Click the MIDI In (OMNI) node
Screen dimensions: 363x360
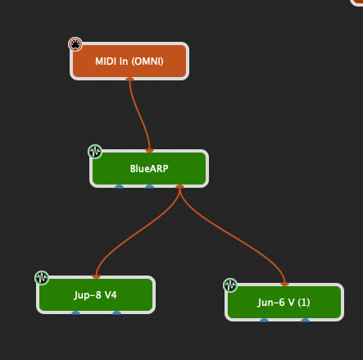coord(129,62)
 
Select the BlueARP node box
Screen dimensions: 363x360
coord(149,169)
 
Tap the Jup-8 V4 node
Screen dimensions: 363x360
coord(96,295)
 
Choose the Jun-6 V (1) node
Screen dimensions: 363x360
coord(284,303)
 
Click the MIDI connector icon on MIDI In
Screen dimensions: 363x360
coord(75,44)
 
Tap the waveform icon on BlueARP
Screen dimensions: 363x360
coord(95,152)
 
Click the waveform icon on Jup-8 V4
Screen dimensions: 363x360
coord(42,278)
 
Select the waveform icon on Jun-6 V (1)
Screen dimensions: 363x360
coord(230,285)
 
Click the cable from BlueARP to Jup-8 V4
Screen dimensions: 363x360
coord(136,232)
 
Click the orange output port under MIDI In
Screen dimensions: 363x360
coord(129,80)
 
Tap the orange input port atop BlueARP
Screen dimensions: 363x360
coord(149,150)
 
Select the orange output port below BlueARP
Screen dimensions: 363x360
coord(179,187)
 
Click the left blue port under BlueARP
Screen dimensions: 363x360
coord(120,187)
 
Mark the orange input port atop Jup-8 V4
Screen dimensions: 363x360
coord(96,276)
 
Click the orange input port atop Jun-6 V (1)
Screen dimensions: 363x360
coord(284,284)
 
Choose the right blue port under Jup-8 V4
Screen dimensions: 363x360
coord(116,313)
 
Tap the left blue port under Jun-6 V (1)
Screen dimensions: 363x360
coord(264,321)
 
